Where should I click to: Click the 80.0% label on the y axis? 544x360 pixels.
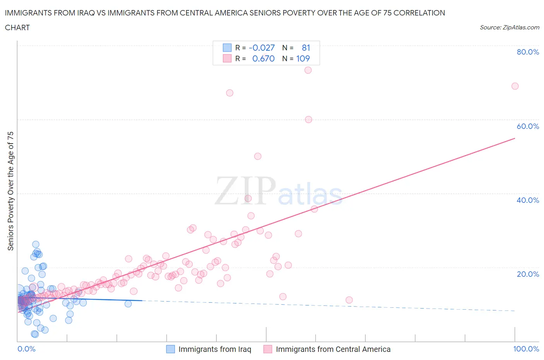pos(527,52)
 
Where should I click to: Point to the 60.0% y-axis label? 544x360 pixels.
pos(527,126)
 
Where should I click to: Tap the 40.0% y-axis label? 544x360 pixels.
pos(527,200)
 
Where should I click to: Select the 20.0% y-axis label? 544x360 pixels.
pos(527,274)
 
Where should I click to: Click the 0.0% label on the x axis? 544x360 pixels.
pos(26,349)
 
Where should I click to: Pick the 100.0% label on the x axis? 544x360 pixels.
pos(526,349)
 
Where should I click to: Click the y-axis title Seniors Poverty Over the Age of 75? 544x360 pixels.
pos(10,191)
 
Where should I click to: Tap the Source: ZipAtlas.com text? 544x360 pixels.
pos(509,27)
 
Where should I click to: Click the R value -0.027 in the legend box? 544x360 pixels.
pos(262,48)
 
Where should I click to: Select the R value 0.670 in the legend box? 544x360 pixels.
pos(263,58)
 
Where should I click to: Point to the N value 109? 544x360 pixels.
pos(303,58)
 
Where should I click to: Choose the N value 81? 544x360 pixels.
pos(306,48)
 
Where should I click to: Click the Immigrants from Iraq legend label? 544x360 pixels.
pos(215,349)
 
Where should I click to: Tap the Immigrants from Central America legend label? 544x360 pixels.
pos(333,349)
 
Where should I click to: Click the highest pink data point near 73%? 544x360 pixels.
pos(308,70)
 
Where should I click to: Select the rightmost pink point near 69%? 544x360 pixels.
pos(515,86)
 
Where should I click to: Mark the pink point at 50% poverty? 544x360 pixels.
pos(258,156)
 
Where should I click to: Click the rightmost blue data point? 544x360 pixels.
pos(128,303)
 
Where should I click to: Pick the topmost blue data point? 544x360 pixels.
pos(36,244)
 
